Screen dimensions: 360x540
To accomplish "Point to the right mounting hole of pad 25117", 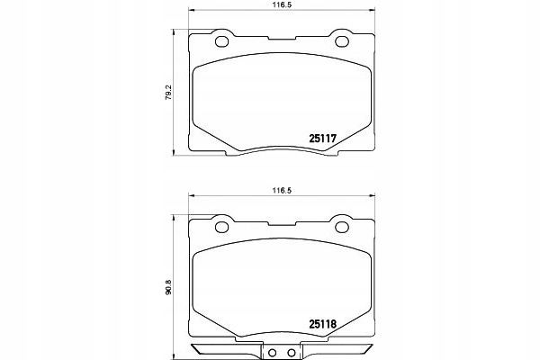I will (342, 40).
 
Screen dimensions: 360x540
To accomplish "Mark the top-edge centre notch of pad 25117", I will (282, 41).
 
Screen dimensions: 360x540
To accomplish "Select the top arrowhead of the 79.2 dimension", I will (174, 33).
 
